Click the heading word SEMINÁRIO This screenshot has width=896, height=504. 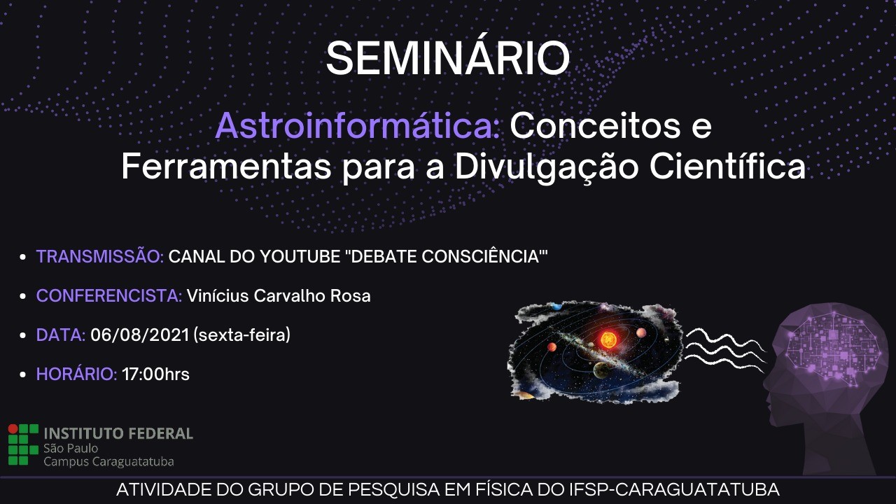click(x=447, y=58)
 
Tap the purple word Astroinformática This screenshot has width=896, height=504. click(x=357, y=126)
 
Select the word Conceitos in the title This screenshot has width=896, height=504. click(x=594, y=126)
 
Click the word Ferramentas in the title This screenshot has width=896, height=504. click(x=226, y=167)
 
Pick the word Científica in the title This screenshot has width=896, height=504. click(x=727, y=167)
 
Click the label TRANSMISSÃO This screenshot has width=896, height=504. click(x=100, y=256)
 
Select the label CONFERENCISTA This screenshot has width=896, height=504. click(x=109, y=296)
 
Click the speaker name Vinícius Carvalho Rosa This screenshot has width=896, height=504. click(x=279, y=296)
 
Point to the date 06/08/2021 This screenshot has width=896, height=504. click(x=139, y=335)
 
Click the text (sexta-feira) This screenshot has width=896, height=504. click(x=242, y=335)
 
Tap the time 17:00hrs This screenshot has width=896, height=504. click(x=155, y=374)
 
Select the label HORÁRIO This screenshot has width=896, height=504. click(x=76, y=374)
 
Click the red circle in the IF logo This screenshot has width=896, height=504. click(x=13, y=429)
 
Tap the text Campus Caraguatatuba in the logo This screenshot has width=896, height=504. click(x=108, y=461)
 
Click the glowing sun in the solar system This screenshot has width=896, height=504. click(x=608, y=339)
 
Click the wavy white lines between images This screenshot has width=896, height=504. click(x=724, y=347)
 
